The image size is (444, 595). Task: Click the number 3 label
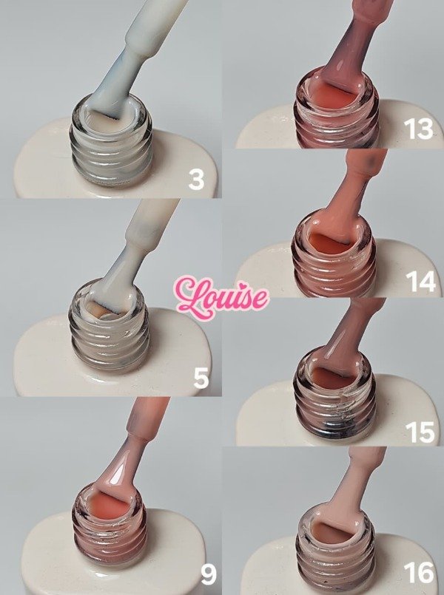[196, 179]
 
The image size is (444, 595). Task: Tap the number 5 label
[200, 378]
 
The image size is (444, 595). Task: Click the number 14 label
[420, 281]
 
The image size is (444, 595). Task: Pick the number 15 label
[420, 430]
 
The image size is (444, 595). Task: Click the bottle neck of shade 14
[334, 255]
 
